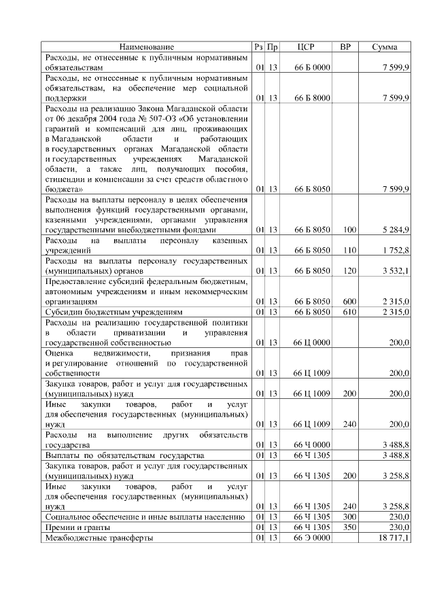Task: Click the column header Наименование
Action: click(x=147, y=47)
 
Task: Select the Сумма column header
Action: click(x=389, y=47)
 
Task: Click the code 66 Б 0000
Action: click(x=312, y=69)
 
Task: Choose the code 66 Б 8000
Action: click(x=312, y=98)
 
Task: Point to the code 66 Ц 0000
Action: click(x=312, y=343)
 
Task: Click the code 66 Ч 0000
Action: click(x=312, y=444)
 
